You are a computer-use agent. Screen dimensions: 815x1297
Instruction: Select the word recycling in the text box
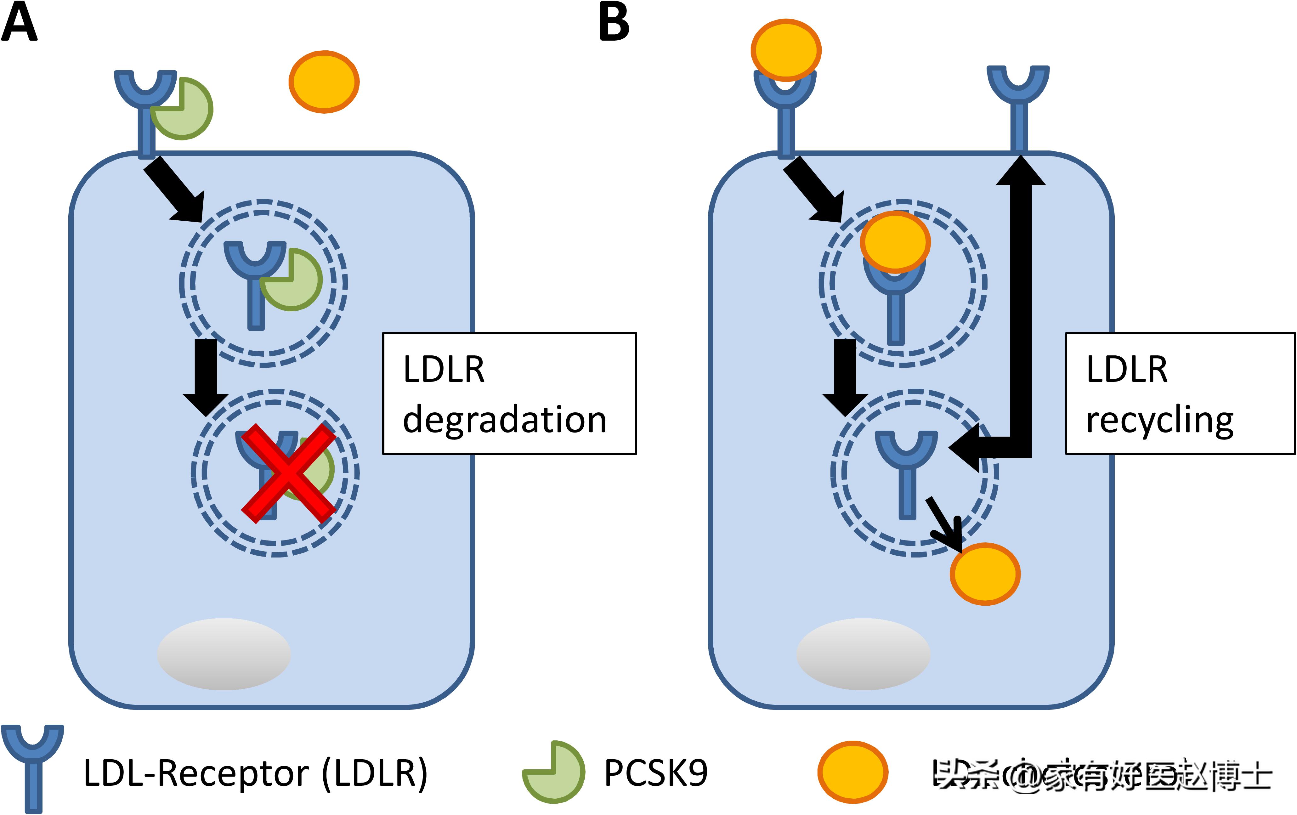(1159, 420)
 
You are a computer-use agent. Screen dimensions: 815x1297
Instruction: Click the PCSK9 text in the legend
(655, 773)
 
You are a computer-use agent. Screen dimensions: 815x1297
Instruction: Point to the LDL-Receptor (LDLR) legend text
(255, 773)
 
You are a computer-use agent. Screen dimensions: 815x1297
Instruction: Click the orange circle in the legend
(852, 772)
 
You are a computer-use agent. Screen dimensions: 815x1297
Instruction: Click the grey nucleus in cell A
(224, 654)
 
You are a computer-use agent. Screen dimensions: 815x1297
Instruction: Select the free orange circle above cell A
(324, 82)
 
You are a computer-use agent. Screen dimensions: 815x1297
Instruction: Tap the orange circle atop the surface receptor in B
(786, 49)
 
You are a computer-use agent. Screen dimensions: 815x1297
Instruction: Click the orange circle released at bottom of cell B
(985, 574)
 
